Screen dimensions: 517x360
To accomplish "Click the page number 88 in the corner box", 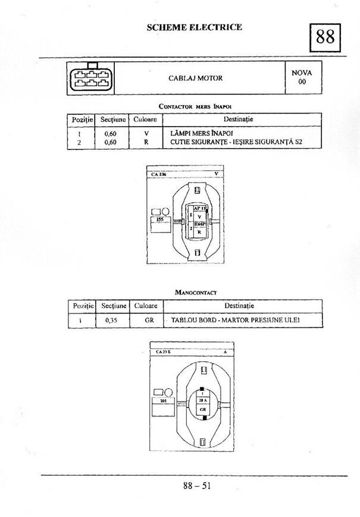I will [325, 37].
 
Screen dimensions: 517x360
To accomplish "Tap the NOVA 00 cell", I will [302, 77].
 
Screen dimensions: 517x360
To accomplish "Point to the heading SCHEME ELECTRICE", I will [194, 27].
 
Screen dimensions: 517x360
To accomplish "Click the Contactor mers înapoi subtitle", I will [194, 106].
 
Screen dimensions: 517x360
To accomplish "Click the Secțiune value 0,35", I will [111, 320].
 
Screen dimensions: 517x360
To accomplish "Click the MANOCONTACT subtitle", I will [195, 293].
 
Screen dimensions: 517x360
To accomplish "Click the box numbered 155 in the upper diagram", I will [159, 219].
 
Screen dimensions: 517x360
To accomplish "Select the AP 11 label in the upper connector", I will [199, 208].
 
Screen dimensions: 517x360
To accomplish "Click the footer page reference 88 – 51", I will [197, 485].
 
